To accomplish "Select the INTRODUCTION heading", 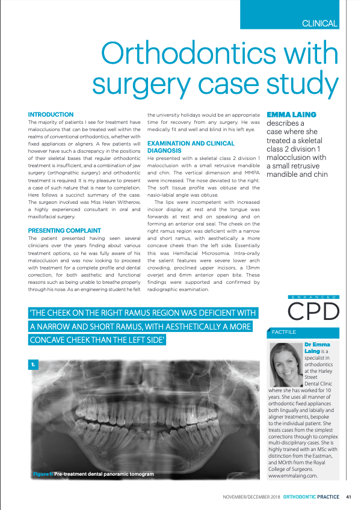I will tap(51, 114).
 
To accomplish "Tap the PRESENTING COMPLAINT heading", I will tap(64, 230).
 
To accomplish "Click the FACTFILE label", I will tap(284, 331).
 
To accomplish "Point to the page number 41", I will tap(348, 497).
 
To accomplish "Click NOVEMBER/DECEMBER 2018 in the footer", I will tap(251, 497).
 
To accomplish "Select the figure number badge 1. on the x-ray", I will tap(34, 365).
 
